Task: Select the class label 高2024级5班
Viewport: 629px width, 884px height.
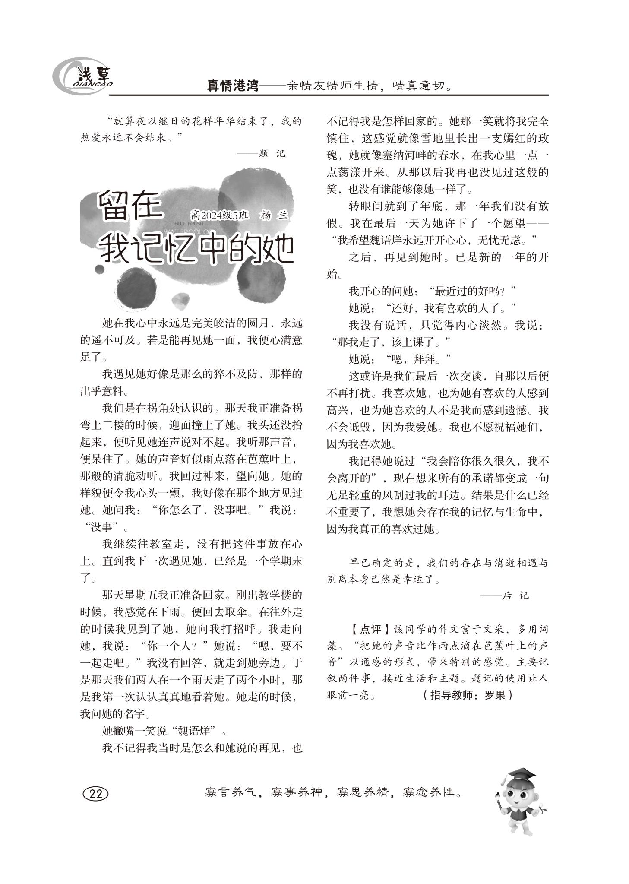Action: coord(220,215)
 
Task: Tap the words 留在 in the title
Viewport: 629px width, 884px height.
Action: coord(130,206)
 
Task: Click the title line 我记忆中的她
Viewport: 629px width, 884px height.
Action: coord(196,250)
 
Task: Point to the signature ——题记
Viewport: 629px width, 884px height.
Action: coord(261,154)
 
